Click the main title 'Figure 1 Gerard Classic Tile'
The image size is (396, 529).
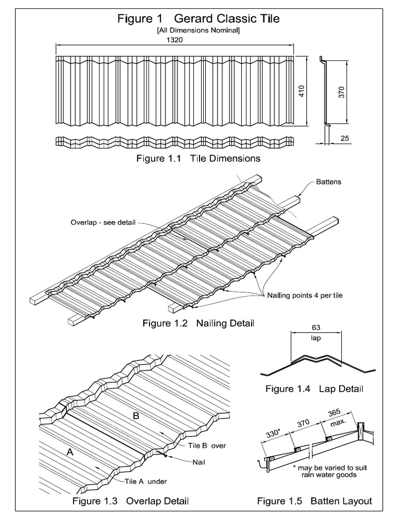199,20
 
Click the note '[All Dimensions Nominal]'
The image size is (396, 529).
199,31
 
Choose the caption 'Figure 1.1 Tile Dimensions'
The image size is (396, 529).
198,159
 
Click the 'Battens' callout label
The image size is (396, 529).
328,182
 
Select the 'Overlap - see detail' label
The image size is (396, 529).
103,223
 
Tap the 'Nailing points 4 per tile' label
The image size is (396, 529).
305,295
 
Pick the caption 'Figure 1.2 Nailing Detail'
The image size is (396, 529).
198,323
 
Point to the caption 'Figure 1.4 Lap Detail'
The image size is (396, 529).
314,388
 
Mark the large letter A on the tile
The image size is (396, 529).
69,452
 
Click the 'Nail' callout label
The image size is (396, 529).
199,462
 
